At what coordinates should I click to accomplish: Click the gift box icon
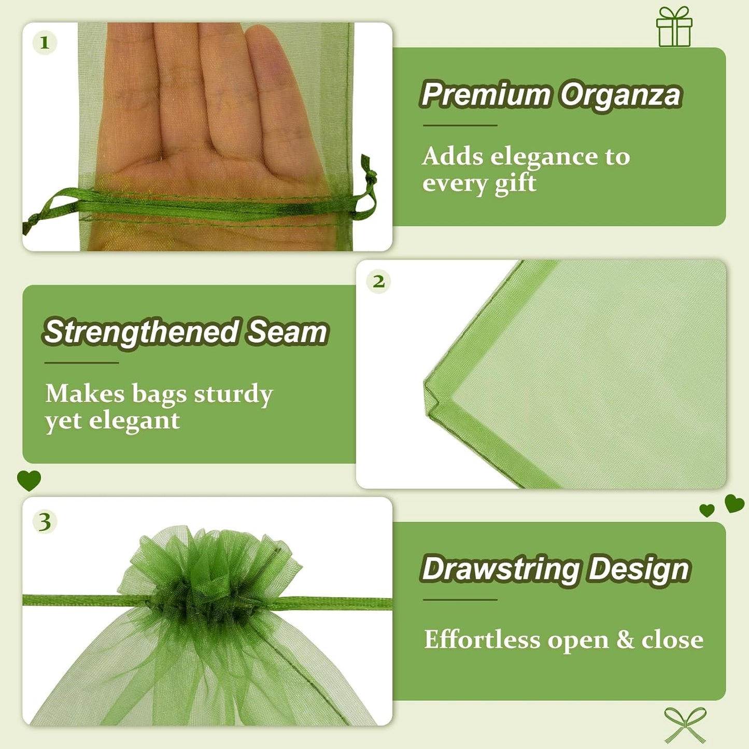[x=674, y=27]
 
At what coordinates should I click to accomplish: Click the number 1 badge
[x=45, y=43]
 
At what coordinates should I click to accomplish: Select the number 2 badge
[x=378, y=281]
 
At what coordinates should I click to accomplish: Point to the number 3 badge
[x=45, y=521]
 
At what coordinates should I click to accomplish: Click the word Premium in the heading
[x=486, y=94]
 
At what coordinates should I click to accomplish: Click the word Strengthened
[x=141, y=332]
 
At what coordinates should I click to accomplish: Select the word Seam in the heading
[x=287, y=332]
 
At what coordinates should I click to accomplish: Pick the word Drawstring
[x=501, y=569]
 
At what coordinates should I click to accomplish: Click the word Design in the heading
[x=639, y=569]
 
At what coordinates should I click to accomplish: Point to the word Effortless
[x=482, y=639]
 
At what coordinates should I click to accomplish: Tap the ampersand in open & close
[x=625, y=640]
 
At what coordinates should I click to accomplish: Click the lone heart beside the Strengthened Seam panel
[x=29, y=480]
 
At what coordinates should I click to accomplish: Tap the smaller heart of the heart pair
[x=706, y=511]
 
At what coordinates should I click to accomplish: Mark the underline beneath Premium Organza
[x=460, y=125]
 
